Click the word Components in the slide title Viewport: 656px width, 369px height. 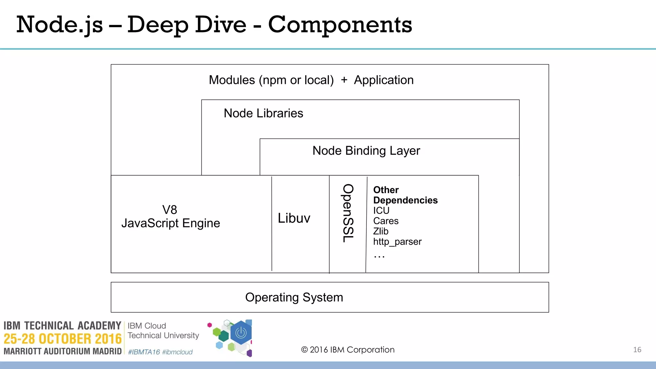[x=340, y=25]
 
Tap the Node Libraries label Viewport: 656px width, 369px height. [x=263, y=113]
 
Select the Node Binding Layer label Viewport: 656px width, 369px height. [x=366, y=151]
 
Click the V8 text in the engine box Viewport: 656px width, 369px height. [x=169, y=210]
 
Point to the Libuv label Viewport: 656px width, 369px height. [x=294, y=218]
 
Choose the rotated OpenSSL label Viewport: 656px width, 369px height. [x=348, y=213]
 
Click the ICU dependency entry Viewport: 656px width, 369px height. [x=381, y=211]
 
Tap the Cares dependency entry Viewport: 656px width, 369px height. [x=386, y=221]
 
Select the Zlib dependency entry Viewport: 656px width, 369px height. [x=381, y=231]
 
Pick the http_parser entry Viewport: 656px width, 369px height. [x=397, y=242]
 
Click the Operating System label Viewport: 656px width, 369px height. [x=294, y=297]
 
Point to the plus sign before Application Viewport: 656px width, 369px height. [x=344, y=80]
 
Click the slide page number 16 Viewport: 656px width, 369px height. [x=637, y=350]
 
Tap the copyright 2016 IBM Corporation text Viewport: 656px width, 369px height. [x=348, y=350]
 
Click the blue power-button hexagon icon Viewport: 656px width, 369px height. [x=241, y=333]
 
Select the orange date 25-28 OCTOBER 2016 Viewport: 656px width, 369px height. [x=62, y=339]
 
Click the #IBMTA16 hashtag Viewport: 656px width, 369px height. [x=144, y=352]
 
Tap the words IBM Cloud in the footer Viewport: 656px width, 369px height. [x=147, y=326]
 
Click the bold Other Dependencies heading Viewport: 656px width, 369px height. [x=405, y=195]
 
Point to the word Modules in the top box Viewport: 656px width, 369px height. [x=232, y=80]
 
